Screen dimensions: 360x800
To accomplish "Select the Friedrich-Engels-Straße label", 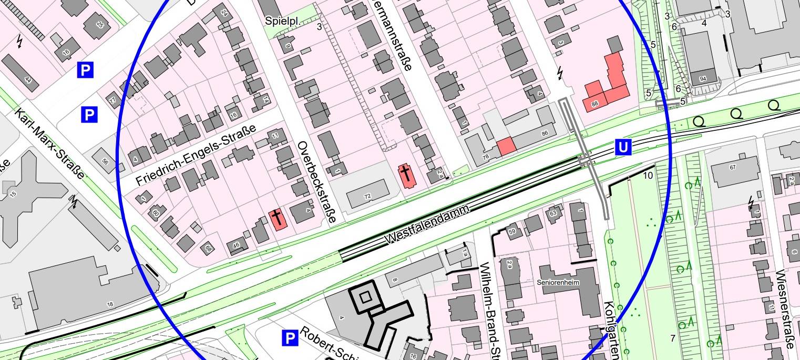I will point(196,156).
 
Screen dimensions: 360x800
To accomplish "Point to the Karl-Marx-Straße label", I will point(49,143).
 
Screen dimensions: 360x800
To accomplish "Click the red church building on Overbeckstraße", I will point(277,219).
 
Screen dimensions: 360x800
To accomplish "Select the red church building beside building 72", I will point(406,176).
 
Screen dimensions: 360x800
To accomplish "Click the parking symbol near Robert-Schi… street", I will point(290,338).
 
